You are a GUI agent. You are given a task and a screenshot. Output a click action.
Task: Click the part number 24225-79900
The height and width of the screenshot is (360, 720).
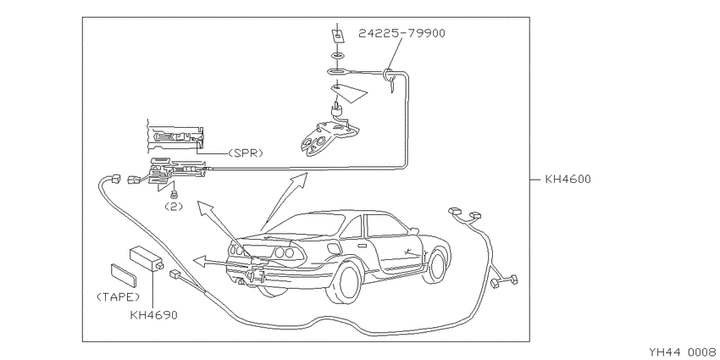tap(402, 33)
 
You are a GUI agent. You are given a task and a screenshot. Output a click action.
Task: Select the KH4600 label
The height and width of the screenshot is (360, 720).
tap(568, 179)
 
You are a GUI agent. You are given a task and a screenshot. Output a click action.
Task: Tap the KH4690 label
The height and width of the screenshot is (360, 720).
tap(154, 315)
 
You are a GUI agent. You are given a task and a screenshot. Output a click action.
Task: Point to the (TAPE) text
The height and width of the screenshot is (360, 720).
tap(118, 297)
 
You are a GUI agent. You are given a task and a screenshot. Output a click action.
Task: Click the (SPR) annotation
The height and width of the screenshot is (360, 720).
tap(246, 153)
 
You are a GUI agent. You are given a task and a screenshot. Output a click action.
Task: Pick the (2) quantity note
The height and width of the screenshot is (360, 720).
tap(174, 207)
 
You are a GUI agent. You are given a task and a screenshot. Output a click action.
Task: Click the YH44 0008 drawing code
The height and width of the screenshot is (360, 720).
tap(684, 352)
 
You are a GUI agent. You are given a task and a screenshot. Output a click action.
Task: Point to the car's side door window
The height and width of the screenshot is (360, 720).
tap(385, 225)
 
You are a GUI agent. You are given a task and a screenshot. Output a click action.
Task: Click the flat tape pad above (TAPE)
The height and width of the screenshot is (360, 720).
tap(124, 275)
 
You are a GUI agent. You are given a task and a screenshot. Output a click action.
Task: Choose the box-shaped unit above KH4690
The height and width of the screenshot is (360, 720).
tap(147, 259)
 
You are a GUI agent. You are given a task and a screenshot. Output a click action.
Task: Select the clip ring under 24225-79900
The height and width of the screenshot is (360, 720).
tap(388, 73)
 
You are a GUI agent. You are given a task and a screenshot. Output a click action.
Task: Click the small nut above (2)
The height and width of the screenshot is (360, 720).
tap(174, 195)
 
